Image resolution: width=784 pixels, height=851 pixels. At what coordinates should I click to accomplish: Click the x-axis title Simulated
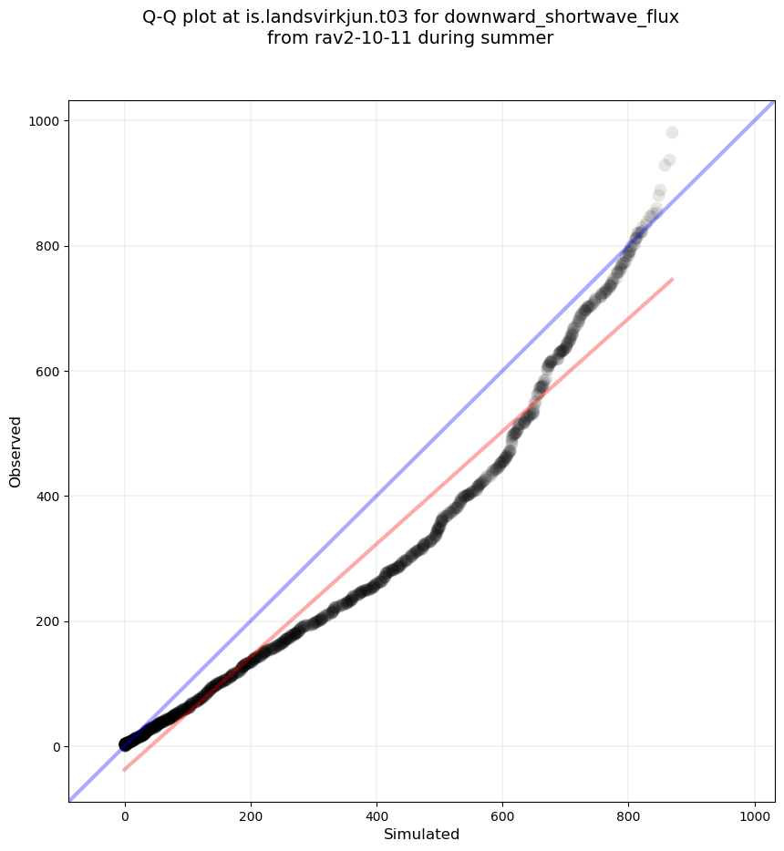pos(421,834)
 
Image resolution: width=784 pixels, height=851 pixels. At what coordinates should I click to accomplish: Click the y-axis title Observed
pos(15,451)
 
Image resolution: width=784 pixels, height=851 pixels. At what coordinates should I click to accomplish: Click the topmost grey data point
pos(672,133)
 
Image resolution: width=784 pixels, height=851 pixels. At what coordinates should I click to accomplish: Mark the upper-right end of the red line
pos(672,279)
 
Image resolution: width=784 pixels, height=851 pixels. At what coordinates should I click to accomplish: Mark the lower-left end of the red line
pos(125,770)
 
